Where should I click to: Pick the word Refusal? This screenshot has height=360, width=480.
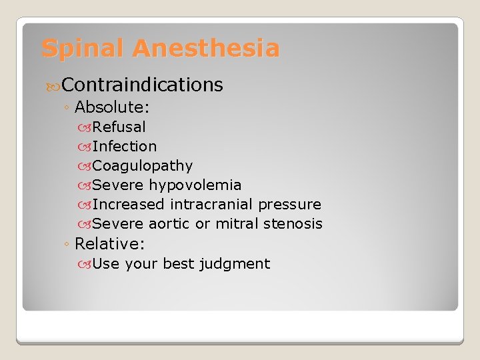click(x=119, y=127)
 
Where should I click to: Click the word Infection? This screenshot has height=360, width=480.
click(x=125, y=146)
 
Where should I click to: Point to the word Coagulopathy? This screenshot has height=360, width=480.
click(x=143, y=165)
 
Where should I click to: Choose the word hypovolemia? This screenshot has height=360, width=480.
click(x=195, y=185)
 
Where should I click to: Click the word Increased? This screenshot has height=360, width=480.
click(x=128, y=204)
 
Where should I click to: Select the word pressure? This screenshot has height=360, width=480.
click(x=289, y=205)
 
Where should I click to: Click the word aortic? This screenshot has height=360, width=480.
click(x=169, y=224)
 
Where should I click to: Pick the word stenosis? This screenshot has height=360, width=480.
click(x=293, y=224)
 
